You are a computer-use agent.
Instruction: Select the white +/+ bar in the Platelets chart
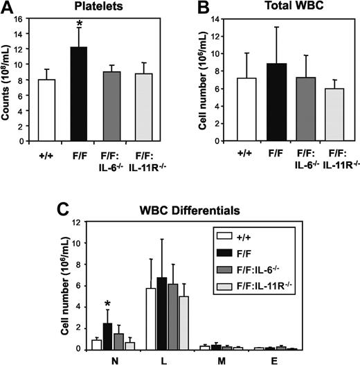tap(46, 110)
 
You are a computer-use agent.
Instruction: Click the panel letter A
tap(8, 8)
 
